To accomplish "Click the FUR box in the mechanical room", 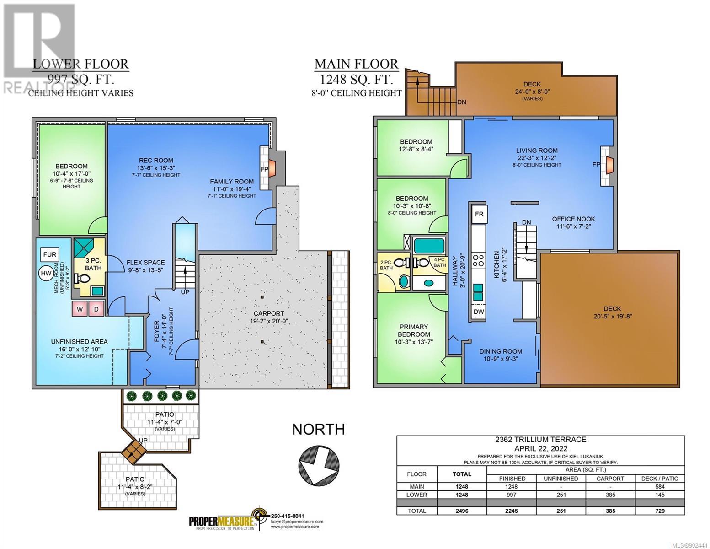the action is (x=50, y=254).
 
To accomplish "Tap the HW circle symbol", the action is (x=46, y=273).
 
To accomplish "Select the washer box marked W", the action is (x=80, y=309).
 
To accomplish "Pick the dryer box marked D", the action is (x=96, y=309).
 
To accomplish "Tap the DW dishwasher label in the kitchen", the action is (x=479, y=312).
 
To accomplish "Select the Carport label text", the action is (x=268, y=313).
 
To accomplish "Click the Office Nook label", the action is (x=573, y=219).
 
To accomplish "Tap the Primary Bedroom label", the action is (x=414, y=331).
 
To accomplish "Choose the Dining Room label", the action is (x=501, y=351).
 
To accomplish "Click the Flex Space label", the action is (x=146, y=262).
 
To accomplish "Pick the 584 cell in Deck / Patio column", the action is (x=660, y=487).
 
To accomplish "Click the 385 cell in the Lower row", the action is (x=610, y=495).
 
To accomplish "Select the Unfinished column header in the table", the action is (x=561, y=479).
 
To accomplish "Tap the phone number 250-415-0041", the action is (x=288, y=516).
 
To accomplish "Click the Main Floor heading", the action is (x=357, y=64).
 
